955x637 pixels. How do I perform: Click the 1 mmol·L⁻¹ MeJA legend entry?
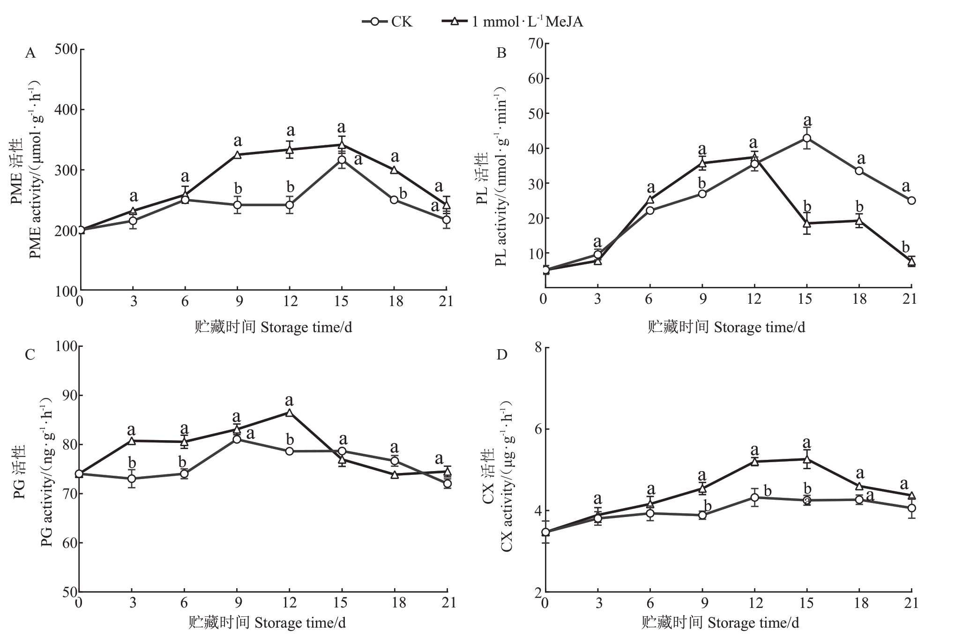[513, 21]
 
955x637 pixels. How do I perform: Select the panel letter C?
[30, 354]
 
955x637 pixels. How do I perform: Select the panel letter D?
[501, 354]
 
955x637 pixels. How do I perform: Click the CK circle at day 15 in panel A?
[342, 160]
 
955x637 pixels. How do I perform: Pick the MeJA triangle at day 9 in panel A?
[238, 155]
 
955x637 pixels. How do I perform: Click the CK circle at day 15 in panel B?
[807, 138]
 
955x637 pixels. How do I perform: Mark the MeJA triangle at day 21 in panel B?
[911, 262]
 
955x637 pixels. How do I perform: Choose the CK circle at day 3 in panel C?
[132, 479]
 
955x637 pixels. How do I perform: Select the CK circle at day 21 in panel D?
[911, 508]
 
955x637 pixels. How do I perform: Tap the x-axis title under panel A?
[273, 327]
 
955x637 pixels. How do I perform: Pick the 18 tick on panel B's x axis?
[859, 299]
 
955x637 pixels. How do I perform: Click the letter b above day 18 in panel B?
[859, 207]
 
